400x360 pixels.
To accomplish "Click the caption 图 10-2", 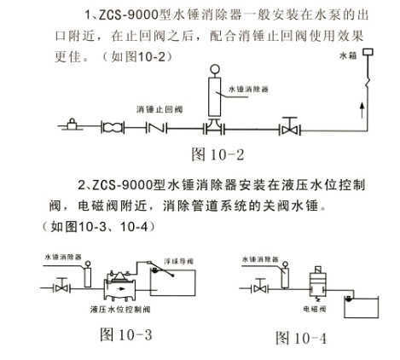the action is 217,154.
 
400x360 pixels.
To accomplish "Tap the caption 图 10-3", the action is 126,334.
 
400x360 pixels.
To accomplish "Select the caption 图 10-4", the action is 301,338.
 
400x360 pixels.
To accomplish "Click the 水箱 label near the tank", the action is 348,55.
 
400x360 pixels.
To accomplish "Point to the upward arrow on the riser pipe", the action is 362,110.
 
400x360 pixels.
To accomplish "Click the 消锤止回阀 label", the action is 159,109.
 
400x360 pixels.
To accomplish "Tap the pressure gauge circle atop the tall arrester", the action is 215,70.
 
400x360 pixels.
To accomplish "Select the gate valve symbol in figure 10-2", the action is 290,126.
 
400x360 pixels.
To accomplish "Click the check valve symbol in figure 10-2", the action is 156,128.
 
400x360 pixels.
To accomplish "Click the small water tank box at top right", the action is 368,52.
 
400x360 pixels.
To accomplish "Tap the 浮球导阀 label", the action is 178,261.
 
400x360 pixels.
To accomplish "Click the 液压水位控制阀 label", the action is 120,309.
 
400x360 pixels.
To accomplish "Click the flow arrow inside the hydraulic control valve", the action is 121,289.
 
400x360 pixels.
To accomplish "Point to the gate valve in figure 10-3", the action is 61,286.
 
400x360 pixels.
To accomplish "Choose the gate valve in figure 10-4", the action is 260,286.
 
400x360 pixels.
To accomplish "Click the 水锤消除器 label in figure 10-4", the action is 260,259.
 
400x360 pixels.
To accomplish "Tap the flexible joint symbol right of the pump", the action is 113,127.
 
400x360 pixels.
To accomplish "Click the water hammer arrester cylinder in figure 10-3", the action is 88,276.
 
